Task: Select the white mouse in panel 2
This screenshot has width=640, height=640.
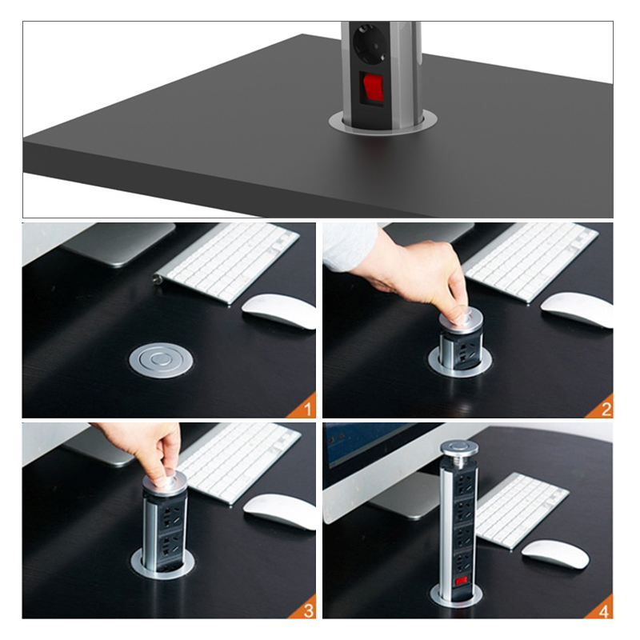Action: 577,310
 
